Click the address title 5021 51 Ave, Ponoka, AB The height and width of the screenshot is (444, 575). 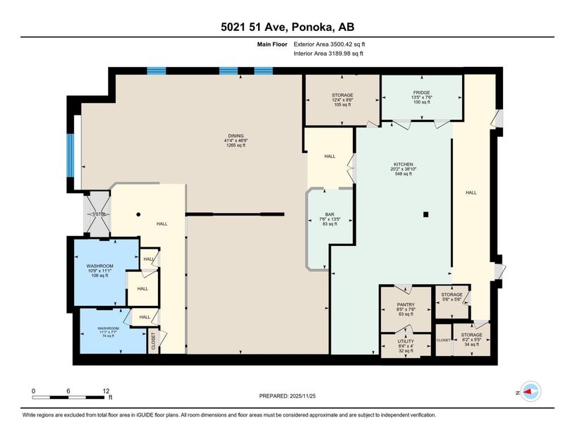287,27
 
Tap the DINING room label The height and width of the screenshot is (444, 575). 234,135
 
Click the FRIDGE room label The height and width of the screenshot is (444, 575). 422,92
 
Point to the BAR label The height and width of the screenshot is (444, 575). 329,214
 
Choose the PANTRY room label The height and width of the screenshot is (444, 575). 406,304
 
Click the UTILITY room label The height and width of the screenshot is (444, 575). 406,340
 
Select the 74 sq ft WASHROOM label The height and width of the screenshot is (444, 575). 108,328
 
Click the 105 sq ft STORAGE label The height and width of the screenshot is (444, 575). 342,94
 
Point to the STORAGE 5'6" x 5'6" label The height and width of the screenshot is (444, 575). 452,295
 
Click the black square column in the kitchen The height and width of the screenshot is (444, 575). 425,214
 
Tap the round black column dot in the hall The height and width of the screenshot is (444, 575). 139,214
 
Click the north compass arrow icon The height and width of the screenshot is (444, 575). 530,392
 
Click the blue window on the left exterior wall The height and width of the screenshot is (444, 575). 71,155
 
